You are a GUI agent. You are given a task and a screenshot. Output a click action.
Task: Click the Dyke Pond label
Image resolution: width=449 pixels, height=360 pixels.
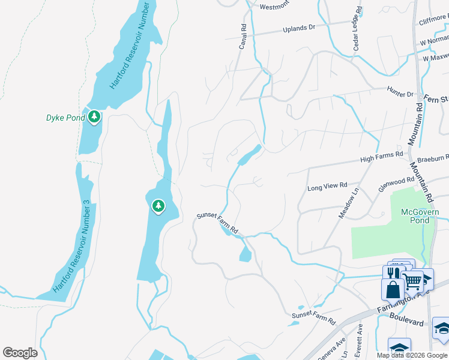[65, 118]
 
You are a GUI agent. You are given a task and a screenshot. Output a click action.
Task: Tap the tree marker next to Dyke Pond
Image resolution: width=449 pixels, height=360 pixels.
[94, 116]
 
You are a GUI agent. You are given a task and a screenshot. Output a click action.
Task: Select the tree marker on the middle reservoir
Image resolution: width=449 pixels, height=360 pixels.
[158, 206]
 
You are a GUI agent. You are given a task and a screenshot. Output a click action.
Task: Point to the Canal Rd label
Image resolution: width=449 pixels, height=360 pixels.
[244, 37]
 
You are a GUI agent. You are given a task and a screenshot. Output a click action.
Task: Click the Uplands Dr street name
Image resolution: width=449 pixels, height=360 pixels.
[299, 28]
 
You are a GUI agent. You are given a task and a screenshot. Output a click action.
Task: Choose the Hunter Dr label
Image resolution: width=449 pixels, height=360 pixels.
[400, 94]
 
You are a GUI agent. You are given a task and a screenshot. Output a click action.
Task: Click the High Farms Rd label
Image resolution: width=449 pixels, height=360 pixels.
[381, 158]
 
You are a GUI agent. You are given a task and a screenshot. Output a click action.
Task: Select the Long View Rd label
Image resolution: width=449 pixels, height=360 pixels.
[328, 187]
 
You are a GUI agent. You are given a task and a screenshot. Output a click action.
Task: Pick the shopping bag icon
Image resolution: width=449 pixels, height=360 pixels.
[393, 289]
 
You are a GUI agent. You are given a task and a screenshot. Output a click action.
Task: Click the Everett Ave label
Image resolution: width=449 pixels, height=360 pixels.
[359, 337]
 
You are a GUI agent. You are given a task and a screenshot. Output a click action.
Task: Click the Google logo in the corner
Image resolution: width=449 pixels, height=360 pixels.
[20, 353]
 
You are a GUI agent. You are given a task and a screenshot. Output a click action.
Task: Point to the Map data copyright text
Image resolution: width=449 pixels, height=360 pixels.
[412, 355]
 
